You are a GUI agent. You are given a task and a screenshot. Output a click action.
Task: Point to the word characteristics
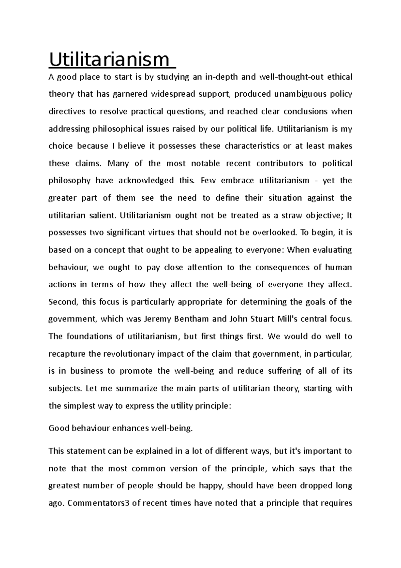point(252,146)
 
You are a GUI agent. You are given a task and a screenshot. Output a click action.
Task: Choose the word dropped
point(316,486)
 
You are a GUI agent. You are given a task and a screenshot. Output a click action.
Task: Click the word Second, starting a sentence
point(63,302)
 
